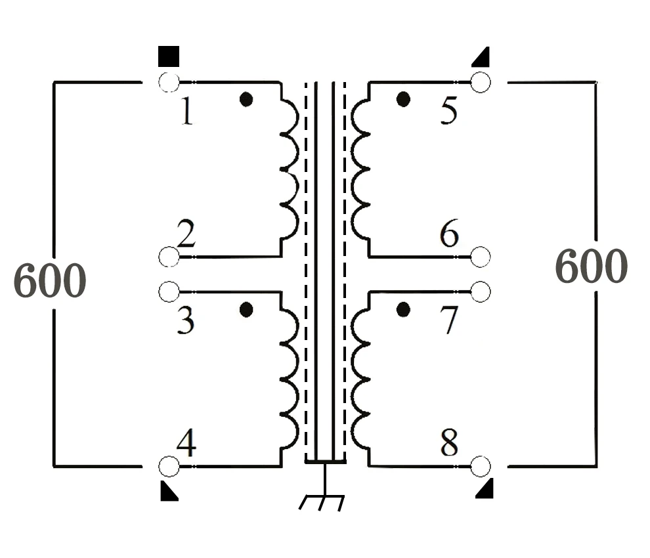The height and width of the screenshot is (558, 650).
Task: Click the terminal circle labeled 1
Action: (169, 82)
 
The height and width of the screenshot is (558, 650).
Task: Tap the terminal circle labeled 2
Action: (169, 257)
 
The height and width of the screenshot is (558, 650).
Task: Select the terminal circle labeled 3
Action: (169, 290)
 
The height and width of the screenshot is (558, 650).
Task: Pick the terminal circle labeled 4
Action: (169, 466)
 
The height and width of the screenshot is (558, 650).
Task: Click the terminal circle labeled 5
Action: (481, 82)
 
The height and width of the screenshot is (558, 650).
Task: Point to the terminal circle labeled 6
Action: (481, 257)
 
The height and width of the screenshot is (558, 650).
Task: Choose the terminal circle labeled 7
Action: (481, 290)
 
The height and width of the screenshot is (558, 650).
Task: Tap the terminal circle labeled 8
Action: (481, 466)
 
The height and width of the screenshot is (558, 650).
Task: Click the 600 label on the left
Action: (50, 282)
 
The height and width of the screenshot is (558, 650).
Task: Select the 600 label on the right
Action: (592, 267)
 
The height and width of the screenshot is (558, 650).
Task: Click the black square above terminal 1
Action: (169, 56)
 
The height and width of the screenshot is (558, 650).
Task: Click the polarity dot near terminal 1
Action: (246, 100)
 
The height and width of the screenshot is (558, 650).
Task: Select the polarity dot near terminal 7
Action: (403, 309)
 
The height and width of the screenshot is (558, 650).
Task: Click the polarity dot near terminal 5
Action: (403, 100)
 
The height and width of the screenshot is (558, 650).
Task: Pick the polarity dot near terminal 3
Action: (246, 309)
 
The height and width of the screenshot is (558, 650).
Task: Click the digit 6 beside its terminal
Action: (449, 234)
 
